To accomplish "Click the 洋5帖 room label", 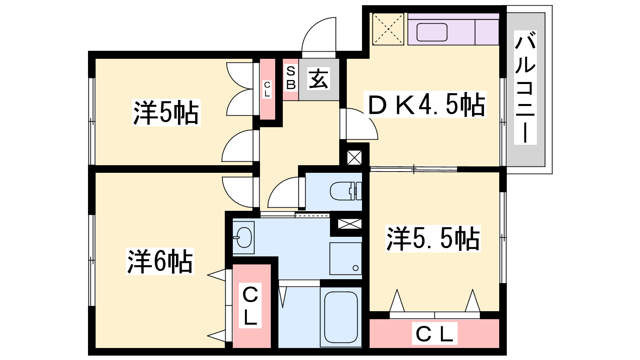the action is click(x=166, y=112).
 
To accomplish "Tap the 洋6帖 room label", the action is click(x=160, y=262).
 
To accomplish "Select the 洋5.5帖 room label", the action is click(x=433, y=238).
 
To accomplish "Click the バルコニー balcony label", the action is click(x=525, y=87).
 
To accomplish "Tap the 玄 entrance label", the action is click(x=318, y=79).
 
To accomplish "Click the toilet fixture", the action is click(x=346, y=191).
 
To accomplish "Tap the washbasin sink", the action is click(x=243, y=238).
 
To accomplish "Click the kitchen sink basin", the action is click(x=432, y=32).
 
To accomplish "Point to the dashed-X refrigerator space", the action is click(x=388, y=29).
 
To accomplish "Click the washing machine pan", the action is click(x=346, y=258).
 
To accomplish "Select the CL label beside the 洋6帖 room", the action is click(x=250, y=306).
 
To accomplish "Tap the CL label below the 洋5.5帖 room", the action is click(x=434, y=333).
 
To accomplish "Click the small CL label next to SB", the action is click(x=267, y=89).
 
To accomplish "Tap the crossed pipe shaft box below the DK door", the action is click(x=354, y=158).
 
